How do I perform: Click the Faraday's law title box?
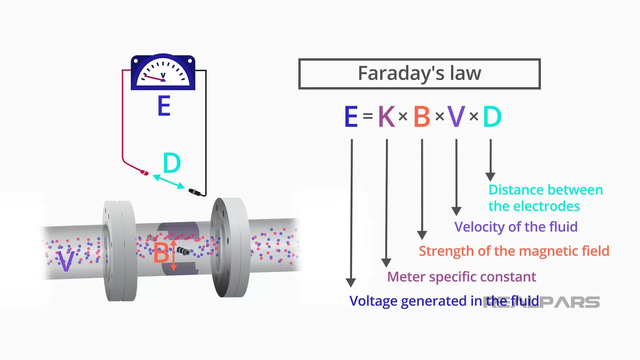coord(419,74)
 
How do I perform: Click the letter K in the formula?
coord(387,117)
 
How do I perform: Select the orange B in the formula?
coord(422,117)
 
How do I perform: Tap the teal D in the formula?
coord(492,117)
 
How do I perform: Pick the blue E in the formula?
coord(351,117)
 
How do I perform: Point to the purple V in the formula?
coord(456,117)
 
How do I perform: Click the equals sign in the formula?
coord(368,116)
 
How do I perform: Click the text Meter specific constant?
coord(461,277)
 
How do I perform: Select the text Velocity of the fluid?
coord(516,227)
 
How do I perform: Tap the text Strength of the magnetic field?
coord(514,251)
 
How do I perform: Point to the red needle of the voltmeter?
coord(153,78)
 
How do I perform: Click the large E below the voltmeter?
coord(164,106)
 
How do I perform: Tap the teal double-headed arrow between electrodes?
coord(169,182)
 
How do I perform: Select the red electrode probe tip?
coord(145,172)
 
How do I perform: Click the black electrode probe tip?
coord(194,192)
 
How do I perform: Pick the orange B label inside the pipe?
coord(161,253)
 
